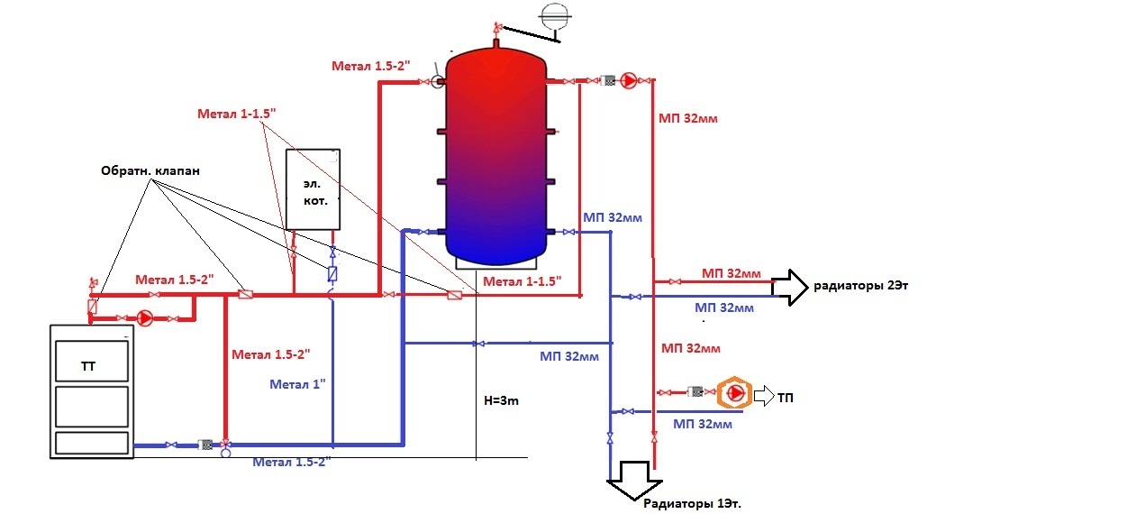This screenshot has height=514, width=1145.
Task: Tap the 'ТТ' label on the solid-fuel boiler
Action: click(x=88, y=366)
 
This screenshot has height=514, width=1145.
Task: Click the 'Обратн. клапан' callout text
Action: click(x=150, y=170)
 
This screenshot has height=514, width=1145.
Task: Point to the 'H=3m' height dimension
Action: click(x=502, y=400)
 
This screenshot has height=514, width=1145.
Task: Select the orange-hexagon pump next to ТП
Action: click(x=734, y=393)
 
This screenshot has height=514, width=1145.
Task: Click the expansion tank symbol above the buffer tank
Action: click(x=555, y=17)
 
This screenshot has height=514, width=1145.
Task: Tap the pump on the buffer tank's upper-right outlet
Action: click(x=629, y=81)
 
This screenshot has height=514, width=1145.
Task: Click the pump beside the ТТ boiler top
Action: click(x=146, y=318)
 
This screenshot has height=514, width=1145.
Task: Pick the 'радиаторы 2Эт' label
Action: click(x=861, y=285)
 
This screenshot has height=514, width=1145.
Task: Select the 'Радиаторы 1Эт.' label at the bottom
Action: click(x=692, y=504)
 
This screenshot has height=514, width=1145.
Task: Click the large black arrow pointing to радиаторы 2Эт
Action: click(x=790, y=288)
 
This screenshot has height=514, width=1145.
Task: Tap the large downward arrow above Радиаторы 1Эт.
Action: click(x=634, y=481)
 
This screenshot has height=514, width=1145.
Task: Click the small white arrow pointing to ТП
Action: click(x=764, y=396)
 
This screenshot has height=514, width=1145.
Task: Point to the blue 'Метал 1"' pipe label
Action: click(x=297, y=385)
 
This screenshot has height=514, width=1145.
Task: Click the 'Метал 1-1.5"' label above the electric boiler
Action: click(x=237, y=114)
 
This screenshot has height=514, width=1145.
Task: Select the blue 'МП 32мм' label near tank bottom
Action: click(x=613, y=218)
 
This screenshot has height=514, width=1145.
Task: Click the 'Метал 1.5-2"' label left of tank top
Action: click(x=371, y=66)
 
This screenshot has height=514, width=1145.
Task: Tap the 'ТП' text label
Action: click(x=786, y=398)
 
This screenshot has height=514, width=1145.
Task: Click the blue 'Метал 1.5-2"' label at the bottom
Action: click(x=292, y=463)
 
